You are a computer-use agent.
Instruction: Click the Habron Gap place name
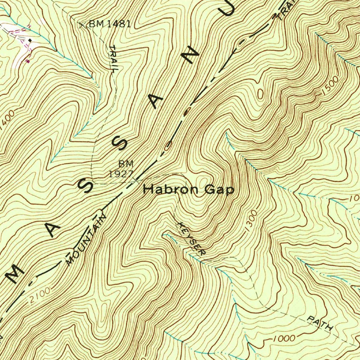pyautogui.click(x=189, y=190)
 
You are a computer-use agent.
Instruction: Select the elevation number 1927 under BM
pyautogui.click(x=121, y=174)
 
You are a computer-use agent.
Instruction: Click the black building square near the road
pyautogui.click(x=30, y=41)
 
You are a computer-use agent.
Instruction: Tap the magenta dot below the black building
pyautogui.click(x=28, y=61)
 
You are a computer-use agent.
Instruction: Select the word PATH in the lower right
pyautogui.click(x=320, y=323)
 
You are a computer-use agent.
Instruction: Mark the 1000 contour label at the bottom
pyautogui.click(x=283, y=339)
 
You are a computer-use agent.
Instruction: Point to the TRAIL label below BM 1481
pyautogui.click(x=113, y=59)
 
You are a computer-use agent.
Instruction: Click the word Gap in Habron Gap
pyautogui.click(x=219, y=190)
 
